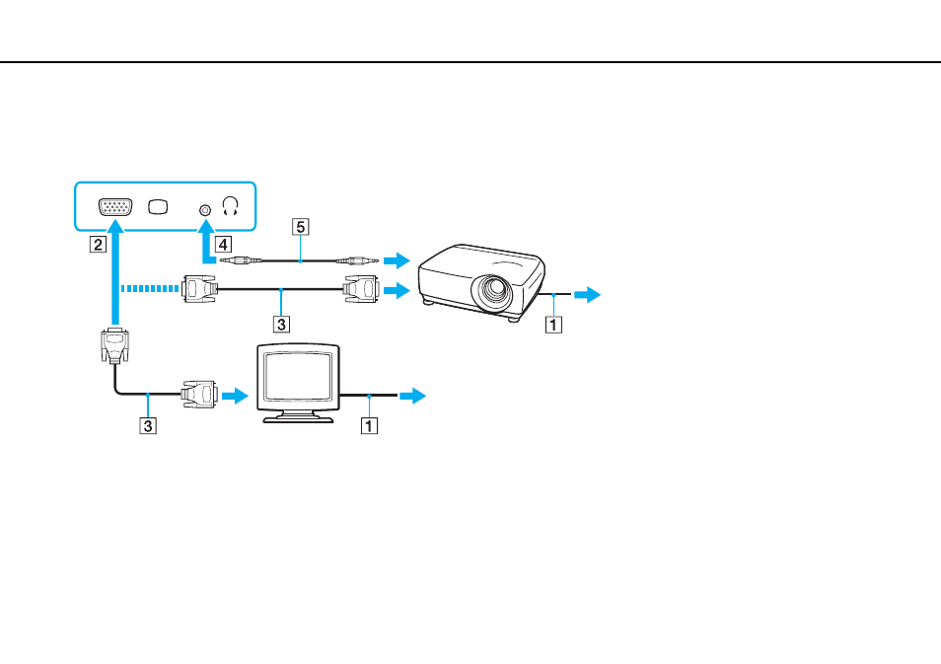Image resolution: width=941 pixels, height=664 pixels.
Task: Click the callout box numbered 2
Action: coord(98,245)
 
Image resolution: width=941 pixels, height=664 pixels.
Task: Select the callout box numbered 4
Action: coord(223,245)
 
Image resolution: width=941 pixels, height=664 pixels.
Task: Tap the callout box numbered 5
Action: coord(301,227)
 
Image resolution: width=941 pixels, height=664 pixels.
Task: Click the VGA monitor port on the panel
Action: coord(115,207)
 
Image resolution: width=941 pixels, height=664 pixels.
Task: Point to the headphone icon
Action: coord(231,206)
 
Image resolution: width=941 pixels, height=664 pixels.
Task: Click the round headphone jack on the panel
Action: coord(205,210)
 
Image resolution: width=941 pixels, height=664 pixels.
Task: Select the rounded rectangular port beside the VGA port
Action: coord(159,207)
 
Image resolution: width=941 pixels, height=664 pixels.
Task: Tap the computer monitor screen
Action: coord(298,377)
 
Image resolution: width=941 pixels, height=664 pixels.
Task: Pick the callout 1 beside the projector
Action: coord(553,325)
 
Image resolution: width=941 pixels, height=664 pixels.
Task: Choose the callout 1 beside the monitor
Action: coord(369,425)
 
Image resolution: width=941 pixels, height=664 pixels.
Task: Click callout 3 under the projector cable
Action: coord(281,325)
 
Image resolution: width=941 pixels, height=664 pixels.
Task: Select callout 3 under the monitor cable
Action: coord(148,425)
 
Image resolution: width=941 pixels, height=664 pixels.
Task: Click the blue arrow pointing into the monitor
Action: coord(235,395)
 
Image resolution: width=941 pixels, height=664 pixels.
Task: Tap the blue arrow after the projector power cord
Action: coord(588,294)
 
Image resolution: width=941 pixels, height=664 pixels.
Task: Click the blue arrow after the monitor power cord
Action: coord(413,395)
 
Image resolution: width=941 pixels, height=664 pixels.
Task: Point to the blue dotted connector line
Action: coord(149,289)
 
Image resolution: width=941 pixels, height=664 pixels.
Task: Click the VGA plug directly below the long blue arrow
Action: coord(114,345)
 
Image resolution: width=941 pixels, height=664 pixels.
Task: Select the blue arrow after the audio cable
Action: coord(397,259)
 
